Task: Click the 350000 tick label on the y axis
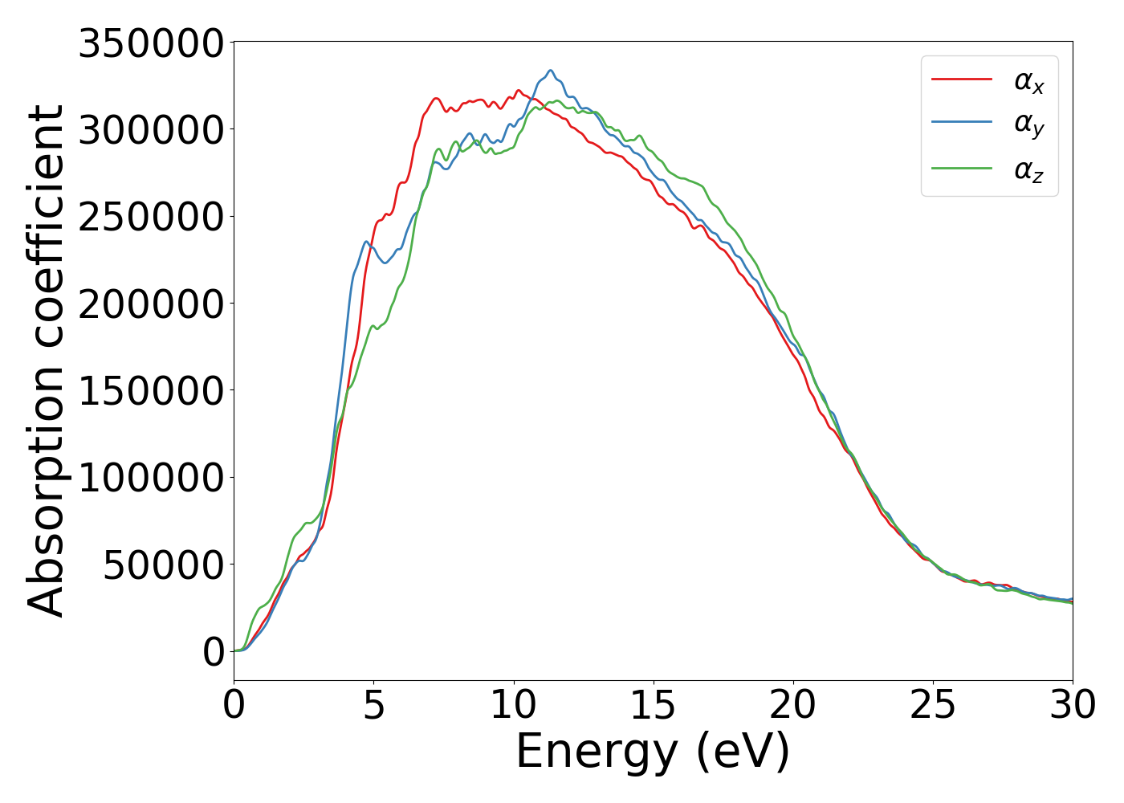point(150,43)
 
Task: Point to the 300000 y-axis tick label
point(150,130)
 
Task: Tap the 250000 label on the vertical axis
point(150,217)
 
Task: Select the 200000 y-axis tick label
point(150,304)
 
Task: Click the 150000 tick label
point(150,391)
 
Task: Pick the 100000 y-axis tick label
point(150,479)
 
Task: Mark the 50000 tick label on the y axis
point(163,565)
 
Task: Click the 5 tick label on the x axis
point(374,706)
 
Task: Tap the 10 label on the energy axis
point(514,706)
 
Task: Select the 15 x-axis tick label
point(654,706)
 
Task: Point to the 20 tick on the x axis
point(793,706)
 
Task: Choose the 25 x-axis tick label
point(933,706)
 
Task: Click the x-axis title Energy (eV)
point(653,752)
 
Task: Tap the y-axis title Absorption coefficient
point(46,361)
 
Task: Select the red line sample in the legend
point(961,79)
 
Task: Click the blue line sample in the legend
point(961,123)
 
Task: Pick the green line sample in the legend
point(961,168)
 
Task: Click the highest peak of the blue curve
point(551,71)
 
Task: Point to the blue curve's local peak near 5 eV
point(366,241)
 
